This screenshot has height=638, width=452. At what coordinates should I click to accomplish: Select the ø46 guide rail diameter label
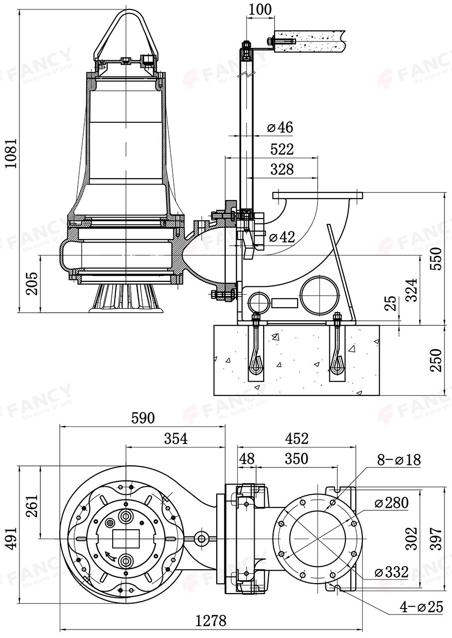click(280, 127)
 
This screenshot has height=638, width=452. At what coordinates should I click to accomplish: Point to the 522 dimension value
click(282, 149)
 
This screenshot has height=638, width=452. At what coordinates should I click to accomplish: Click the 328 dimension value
click(282, 170)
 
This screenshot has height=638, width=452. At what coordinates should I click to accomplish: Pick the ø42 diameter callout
click(282, 237)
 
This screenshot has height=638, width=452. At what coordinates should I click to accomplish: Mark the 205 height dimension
click(31, 284)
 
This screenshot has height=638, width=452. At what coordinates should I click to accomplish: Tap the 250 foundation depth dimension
click(436, 360)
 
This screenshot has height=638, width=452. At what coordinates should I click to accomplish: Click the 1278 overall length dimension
click(211, 620)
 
